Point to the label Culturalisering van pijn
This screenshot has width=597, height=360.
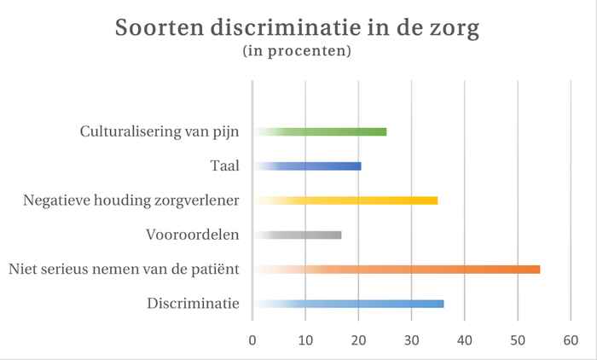pos(159,131)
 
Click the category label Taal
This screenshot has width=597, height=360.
pos(224,165)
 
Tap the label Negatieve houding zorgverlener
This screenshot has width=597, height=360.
pos(132,200)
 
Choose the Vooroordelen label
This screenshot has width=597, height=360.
pos(192,235)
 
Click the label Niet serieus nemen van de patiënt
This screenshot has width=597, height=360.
pos(124,270)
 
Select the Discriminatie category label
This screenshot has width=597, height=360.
pos(193,304)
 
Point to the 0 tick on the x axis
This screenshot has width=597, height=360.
pos(252,340)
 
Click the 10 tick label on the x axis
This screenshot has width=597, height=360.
pos(305,340)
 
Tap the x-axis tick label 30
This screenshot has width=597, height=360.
pos(411,340)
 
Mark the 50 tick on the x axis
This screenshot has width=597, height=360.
pos(518,340)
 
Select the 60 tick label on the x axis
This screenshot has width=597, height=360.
pos(571,340)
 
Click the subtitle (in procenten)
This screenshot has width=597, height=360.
pos(298,52)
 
